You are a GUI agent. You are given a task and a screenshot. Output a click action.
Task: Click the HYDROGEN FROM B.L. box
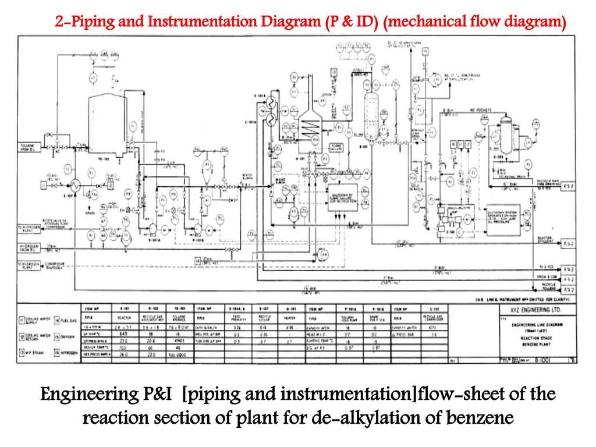[28, 247]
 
